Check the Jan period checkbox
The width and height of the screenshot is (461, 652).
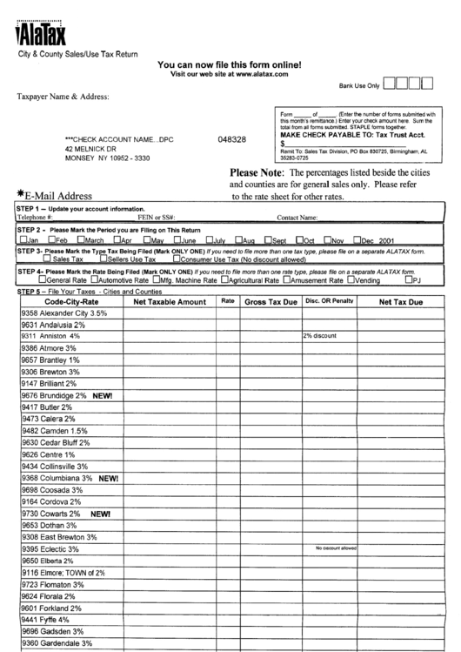point(22,239)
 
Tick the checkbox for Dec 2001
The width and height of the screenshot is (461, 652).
point(357,239)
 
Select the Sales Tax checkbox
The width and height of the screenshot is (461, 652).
point(46,259)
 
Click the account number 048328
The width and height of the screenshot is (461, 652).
point(231,139)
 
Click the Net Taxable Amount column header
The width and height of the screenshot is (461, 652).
point(169,301)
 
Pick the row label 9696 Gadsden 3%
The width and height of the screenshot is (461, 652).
point(53,630)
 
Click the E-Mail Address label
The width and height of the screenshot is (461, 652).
point(57,195)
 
